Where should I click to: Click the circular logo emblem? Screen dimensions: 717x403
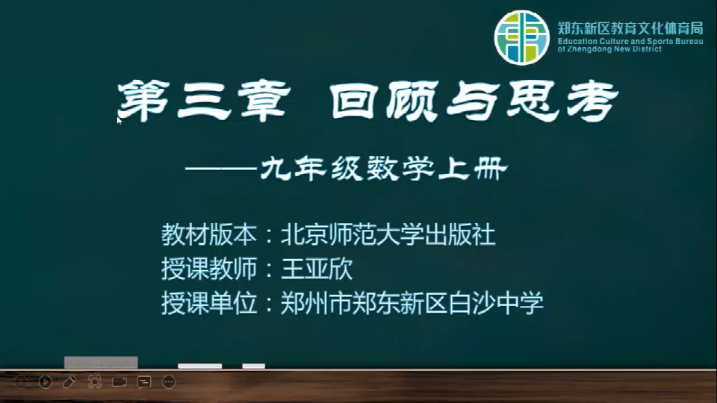(522, 37)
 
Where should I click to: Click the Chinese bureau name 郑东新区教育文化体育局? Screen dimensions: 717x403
(630, 28)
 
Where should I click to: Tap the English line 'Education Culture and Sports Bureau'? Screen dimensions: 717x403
(630, 41)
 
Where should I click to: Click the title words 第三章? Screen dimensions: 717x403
(204, 101)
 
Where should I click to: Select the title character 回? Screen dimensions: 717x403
(354, 101)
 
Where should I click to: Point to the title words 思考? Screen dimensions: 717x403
(562, 101)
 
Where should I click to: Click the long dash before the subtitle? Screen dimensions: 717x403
(221, 169)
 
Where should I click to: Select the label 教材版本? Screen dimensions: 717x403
(208, 235)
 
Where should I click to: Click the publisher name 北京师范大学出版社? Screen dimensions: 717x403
(388, 235)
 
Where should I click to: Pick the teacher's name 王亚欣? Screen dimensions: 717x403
(317, 269)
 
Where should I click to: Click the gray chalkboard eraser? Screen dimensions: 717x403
(101, 363)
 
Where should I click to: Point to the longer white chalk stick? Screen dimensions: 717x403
(200, 366)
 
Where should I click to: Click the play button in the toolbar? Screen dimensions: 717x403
(46, 381)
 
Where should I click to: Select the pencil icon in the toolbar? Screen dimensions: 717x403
(69, 381)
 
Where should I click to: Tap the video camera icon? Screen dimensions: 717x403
(119, 381)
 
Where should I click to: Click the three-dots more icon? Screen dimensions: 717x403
(169, 381)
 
